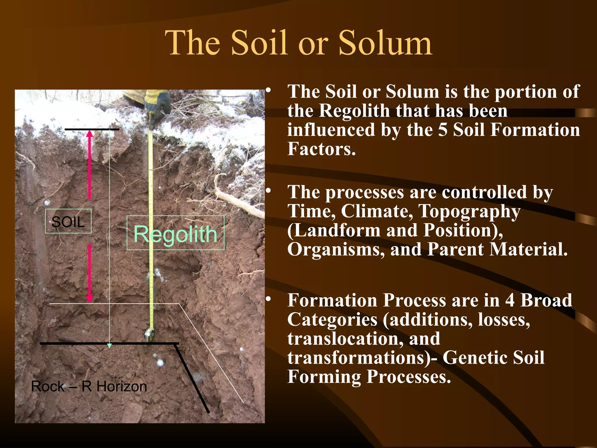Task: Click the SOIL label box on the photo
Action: tap(68, 221)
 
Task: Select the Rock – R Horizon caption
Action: tap(89, 386)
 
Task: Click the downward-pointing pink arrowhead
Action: tap(90, 299)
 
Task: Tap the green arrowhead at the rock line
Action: tap(110, 346)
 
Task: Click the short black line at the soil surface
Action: tap(92, 129)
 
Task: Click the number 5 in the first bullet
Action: tap(443, 130)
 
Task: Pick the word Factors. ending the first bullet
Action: tap(322, 149)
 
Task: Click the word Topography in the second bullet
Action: tap(469, 211)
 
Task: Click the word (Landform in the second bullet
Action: tap(334, 230)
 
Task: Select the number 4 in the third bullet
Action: tap(510, 300)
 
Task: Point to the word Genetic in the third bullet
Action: tap(475, 358)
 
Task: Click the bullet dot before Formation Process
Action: tap(268, 299)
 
